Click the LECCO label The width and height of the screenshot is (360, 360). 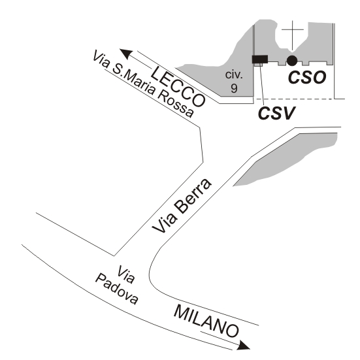pyautogui.click(x=178, y=86)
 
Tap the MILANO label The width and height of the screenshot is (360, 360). pyautogui.click(x=206, y=321)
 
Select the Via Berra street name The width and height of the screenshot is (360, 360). pyautogui.click(x=182, y=206)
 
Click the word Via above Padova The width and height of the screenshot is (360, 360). pyautogui.click(x=125, y=274)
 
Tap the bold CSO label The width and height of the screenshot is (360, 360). pyautogui.click(x=307, y=77)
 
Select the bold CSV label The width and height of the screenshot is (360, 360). pyautogui.click(x=276, y=113)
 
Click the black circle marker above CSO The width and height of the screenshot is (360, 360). pyautogui.click(x=292, y=61)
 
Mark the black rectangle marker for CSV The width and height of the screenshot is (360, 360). pyautogui.click(x=260, y=59)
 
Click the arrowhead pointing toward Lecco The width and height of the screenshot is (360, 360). pyautogui.click(x=126, y=54)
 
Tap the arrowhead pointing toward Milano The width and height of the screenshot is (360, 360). pyautogui.click(x=244, y=346)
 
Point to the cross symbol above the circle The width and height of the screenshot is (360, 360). pyautogui.click(x=292, y=35)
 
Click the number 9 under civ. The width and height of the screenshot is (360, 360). pyautogui.click(x=234, y=88)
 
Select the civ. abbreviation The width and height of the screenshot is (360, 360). pyautogui.click(x=234, y=75)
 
